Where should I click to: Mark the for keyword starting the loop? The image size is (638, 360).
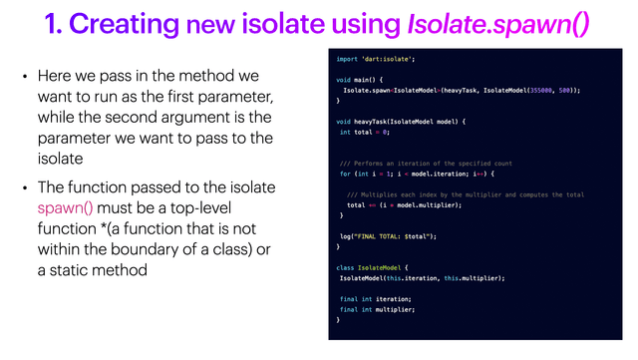tap(345, 174)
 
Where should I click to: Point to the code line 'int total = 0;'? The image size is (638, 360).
tap(363, 132)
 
